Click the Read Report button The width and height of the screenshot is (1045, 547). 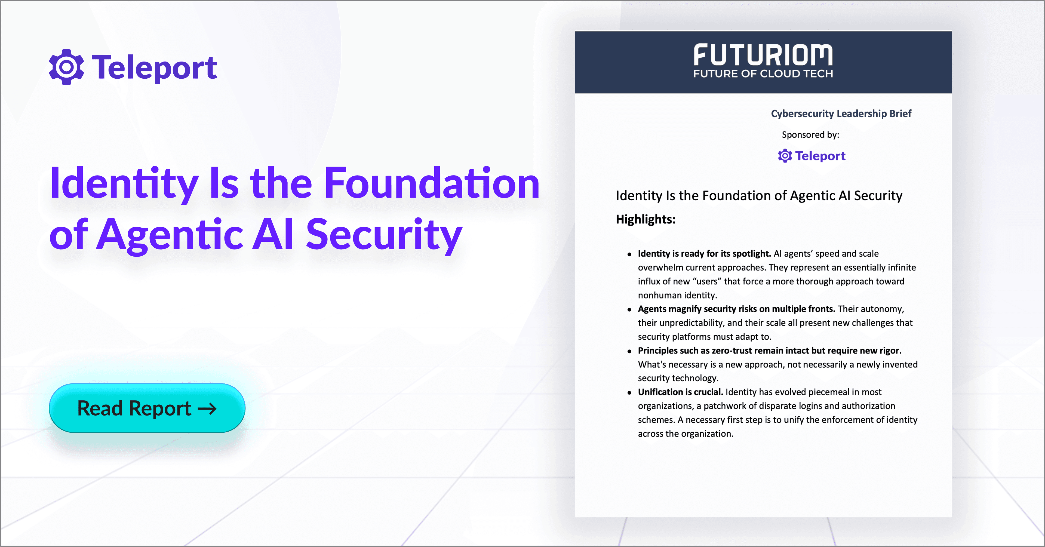(147, 408)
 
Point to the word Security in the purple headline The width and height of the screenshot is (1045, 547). (384, 235)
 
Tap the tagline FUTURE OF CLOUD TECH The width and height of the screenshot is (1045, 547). (763, 74)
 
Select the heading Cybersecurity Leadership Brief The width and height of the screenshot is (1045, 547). (841, 114)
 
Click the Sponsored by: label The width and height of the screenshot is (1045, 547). (810, 135)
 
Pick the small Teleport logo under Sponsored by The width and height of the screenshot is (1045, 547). (811, 156)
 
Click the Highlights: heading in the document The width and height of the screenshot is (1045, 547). (646, 220)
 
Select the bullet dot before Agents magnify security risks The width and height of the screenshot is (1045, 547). (629, 310)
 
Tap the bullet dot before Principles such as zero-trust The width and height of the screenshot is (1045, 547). (629, 351)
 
